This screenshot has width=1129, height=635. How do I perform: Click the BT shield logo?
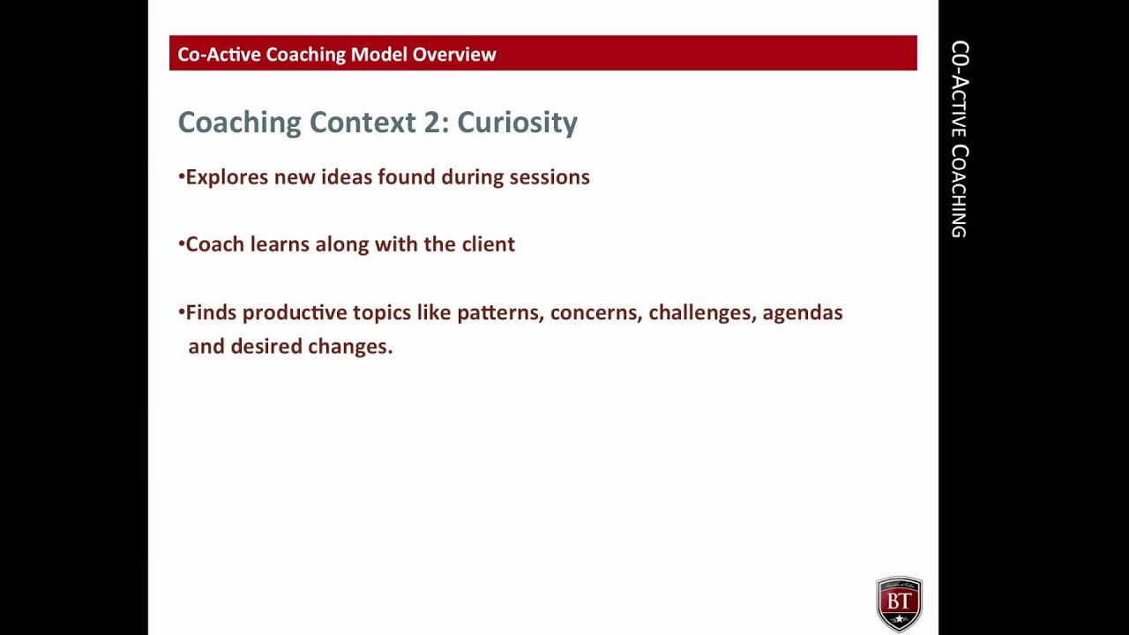(x=899, y=604)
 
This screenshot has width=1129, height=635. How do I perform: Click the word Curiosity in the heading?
(x=517, y=122)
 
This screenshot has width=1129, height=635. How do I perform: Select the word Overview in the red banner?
(x=454, y=55)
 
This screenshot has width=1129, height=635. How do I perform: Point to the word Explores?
(x=226, y=177)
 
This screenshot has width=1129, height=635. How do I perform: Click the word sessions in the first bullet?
(x=550, y=177)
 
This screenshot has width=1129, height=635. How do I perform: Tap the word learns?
(x=280, y=244)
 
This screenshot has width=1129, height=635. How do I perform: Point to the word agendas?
(x=803, y=313)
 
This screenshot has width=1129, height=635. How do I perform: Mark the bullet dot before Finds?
(x=181, y=311)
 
